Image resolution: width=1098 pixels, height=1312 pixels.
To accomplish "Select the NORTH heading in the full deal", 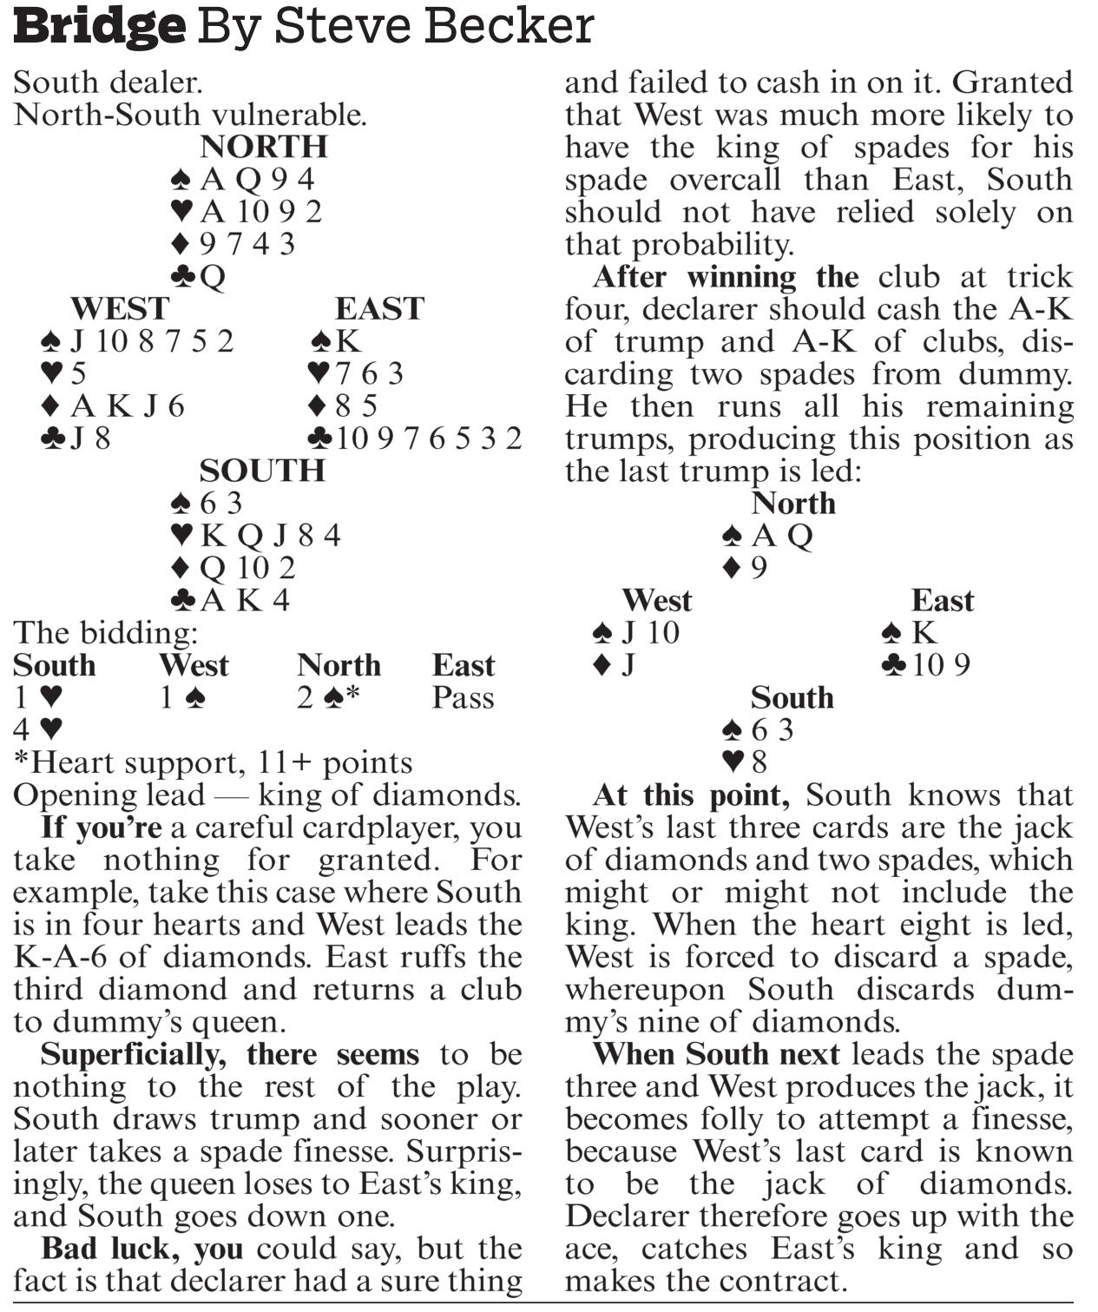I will click(x=263, y=147).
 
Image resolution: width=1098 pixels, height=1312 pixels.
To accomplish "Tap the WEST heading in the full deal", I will click(x=119, y=308).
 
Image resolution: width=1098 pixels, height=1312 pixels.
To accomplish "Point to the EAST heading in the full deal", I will click(x=379, y=308).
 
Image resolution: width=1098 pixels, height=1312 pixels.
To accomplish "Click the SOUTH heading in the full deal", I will click(x=262, y=471).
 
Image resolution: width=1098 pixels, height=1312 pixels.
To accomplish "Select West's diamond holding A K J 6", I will click(x=114, y=405).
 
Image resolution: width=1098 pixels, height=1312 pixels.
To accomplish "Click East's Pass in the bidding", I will click(x=463, y=698).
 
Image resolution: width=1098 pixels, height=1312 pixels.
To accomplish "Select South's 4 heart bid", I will click(x=38, y=729).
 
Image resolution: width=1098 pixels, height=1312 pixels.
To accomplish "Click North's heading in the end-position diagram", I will click(x=793, y=504).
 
